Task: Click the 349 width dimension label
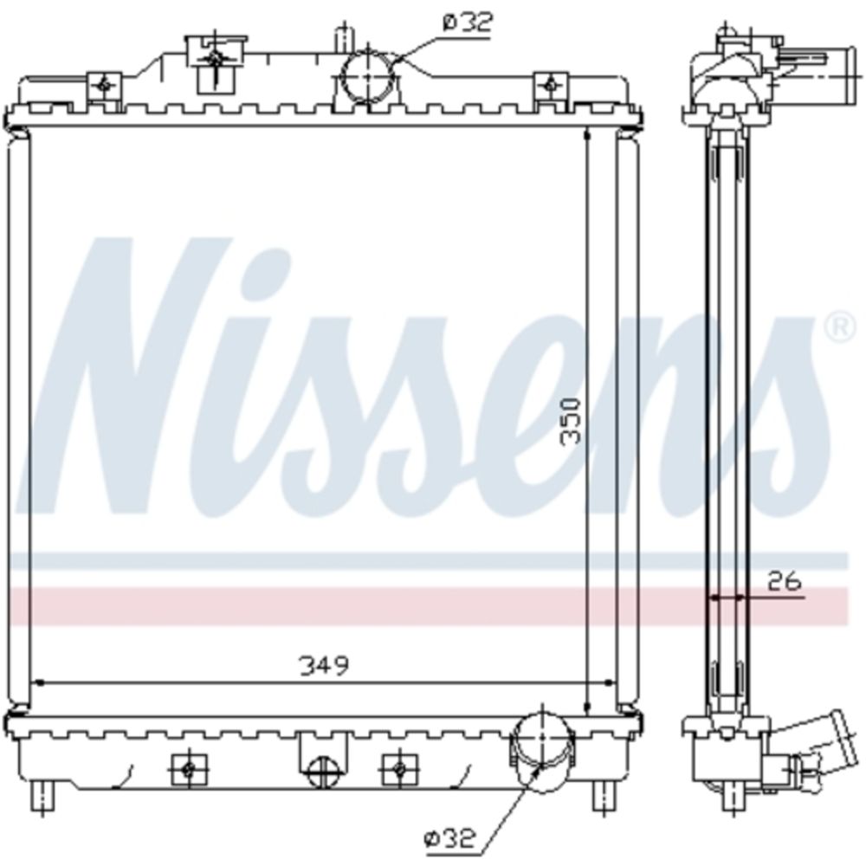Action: (324, 665)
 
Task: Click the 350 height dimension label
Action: (571, 422)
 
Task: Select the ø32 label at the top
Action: (468, 23)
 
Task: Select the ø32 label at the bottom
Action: (449, 839)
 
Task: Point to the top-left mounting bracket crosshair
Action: (104, 85)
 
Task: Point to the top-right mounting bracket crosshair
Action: (550, 85)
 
